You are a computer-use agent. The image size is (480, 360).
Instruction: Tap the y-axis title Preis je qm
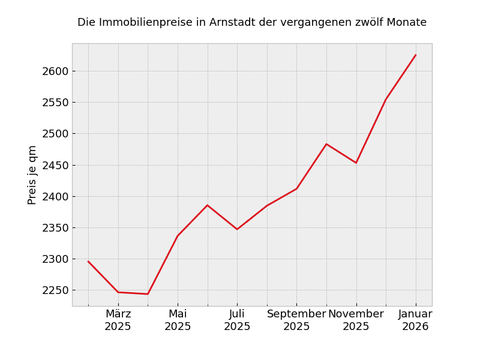pyautogui.click(x=32, y=175)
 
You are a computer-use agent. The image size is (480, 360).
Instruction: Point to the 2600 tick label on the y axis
pyautogui.click(x=55, y=71)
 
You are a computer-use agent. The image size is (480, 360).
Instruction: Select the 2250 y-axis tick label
pyautogui.click(x=55, y=290)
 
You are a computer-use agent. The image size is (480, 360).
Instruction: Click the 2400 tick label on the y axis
pyautogui.click(x=55, y=197)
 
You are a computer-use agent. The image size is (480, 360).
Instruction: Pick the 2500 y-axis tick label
pyautogui.click(x=55, y=134)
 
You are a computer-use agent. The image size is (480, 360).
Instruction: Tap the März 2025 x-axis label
pyautogui.click(x=118, y=320)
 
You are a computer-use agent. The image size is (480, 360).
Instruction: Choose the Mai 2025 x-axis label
pyautogui.click(x=178, y=320)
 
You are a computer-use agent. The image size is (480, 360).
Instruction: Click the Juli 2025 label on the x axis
pyautogui.click(x=237, y=320)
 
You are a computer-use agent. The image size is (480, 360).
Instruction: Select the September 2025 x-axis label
pyautogui.click(x=296, y=320)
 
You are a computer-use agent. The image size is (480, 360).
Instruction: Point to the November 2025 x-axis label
pyautogui.click(x=356, y=320)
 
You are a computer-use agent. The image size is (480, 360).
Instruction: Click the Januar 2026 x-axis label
pyautogui.click(x=415, y=320)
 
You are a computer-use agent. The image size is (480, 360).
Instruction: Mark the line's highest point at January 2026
pyautogui.click(x=416, y=55)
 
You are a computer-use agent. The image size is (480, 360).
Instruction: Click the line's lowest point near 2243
pyautogui.click(x=148, y=294)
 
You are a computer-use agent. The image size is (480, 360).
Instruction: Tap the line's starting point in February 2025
pyautogui.click(x=88, y=261)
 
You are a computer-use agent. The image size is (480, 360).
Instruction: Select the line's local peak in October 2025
pyautogui.click(x=326, y=144)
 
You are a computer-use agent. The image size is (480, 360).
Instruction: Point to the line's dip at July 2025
pyautogui.click(x=237, y=229)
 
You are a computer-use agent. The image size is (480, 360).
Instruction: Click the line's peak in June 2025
pyautogui.click(x=208, y=205)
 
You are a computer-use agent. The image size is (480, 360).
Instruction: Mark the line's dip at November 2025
pyautogui.click(x=356, y=163)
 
